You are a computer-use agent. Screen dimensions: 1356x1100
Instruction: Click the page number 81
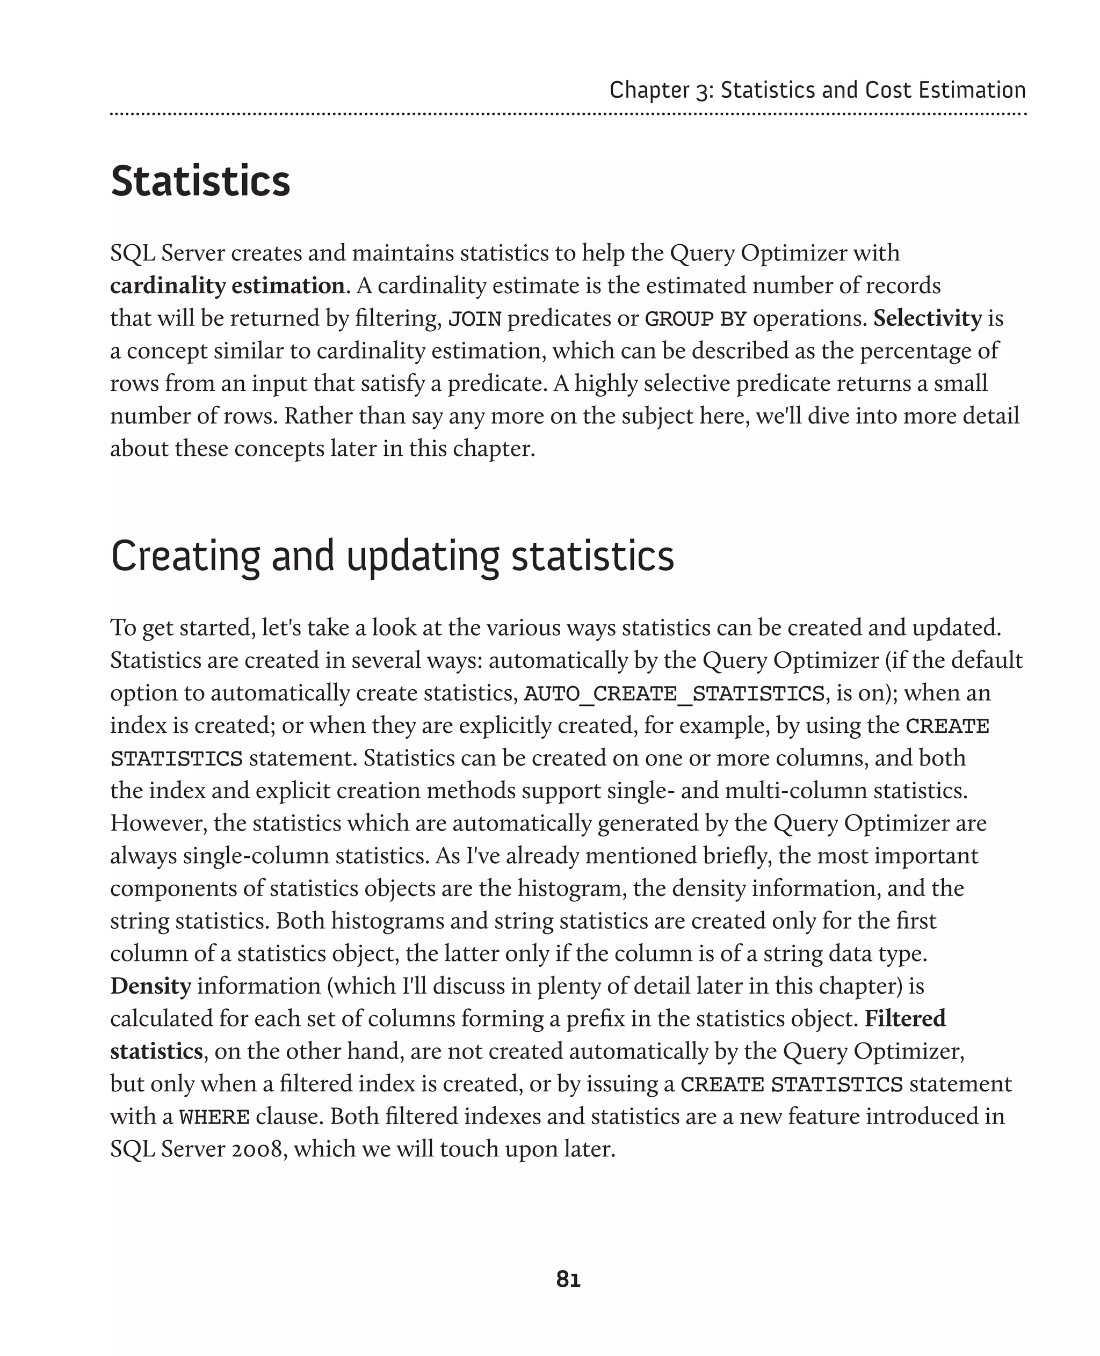pyautogui.click(x=568, y=1279)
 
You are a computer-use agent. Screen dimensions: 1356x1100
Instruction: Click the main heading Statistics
pyautogui.click(x=200, y=182)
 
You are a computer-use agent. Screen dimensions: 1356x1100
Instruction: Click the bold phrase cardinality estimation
pyautogui.click(x=227, y=286)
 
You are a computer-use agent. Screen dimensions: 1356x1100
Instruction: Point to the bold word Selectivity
pyautogui.click(x=927, y=318)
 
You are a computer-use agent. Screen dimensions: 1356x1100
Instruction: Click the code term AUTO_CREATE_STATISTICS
pyautogui.click(x=674, y=694)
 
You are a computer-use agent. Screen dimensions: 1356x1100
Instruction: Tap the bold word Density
pyautogui.click(x=150, y=986)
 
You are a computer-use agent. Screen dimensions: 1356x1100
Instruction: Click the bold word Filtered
pyautogui.click(x=905, y=1018)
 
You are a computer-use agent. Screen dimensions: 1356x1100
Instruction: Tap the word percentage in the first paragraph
pyautogui.click(x=914, y=350)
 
